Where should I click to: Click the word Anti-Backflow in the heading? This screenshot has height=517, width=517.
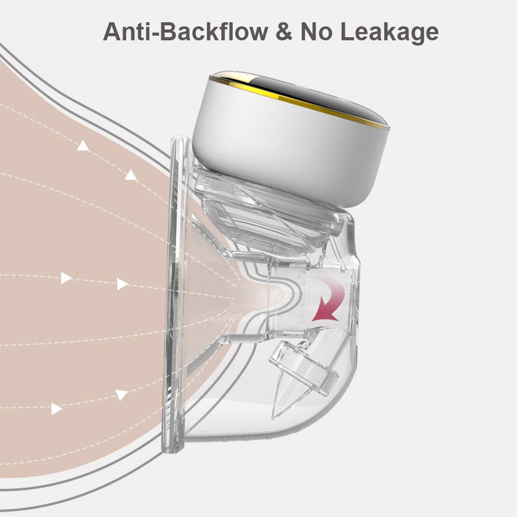(x=185, y=32)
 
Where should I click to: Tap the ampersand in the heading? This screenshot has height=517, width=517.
(x=284, y=32)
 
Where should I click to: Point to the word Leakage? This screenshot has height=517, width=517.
(x=389, y=34)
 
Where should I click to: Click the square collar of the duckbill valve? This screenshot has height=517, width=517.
(x=303, y=366)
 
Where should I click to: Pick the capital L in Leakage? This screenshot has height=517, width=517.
(x=348, y=32)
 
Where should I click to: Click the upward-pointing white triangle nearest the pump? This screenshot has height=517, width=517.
(x=131, y=175)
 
